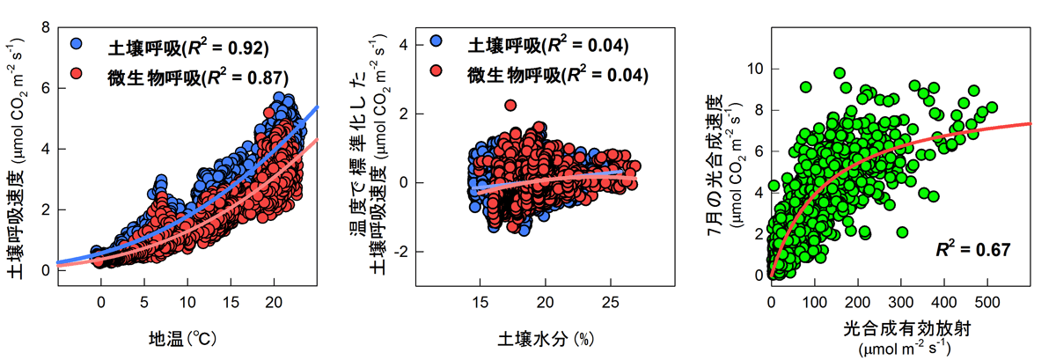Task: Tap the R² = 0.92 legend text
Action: point(219,46)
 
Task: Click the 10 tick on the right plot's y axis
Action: point(753,69)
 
